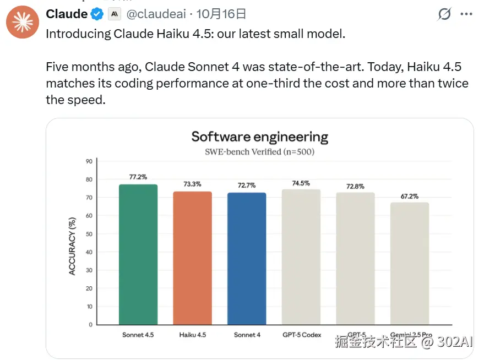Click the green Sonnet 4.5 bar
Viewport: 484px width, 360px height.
click(138, 254)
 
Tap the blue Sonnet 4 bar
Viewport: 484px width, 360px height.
click(247, 258)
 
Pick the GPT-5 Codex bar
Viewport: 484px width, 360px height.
click(301, 257)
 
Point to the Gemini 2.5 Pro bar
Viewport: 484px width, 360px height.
click(409, 263)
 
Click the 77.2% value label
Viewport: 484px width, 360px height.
click(138, 177)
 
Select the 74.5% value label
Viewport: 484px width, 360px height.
click(301, 183)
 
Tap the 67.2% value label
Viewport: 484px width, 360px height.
click(409, 195)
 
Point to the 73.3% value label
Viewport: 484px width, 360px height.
click(192, 184)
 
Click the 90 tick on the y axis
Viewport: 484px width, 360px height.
click(89, 161)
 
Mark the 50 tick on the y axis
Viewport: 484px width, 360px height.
click(89, 234)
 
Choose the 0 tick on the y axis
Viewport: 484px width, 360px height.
click(90, 325)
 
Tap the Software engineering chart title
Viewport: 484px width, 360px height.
click(259, 137)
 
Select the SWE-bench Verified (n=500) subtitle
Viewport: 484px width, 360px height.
click(259, 151)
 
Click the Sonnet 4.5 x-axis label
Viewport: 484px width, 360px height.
click(138, 335)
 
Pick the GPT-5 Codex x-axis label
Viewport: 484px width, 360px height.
click(301, 335)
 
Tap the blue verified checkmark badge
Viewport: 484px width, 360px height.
click(97, 14)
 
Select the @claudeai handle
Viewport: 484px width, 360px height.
click(157, 14)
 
